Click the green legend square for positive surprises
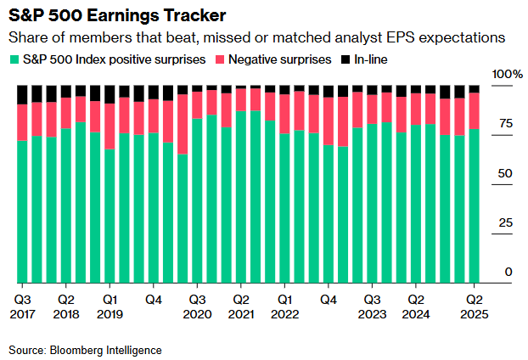(15, 59)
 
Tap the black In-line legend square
(345, 59)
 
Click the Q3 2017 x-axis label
(23, 307)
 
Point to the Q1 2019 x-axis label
(110, 307)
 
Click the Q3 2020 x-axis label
(198, 307)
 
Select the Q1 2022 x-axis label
(285, 307)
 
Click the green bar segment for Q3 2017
(23, 211)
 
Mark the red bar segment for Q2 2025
(475, 110)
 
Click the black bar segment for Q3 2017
(23, 94)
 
